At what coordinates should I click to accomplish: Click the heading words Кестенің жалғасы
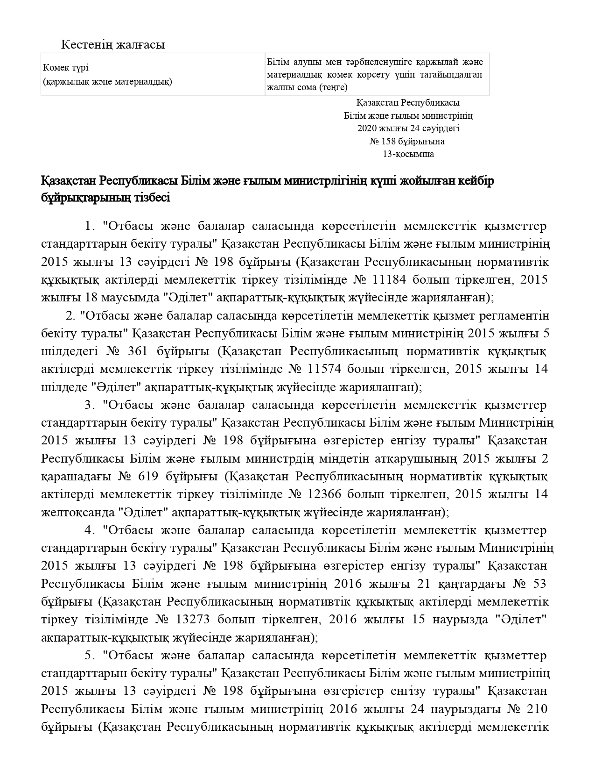(x=113, y=45)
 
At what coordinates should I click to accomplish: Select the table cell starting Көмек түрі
(x=153, y=74)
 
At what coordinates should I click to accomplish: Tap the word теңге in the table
(x=332, y=87)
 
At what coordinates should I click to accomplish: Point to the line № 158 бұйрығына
(x=407, y=141)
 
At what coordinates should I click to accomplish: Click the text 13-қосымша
(x=408, y=154)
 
